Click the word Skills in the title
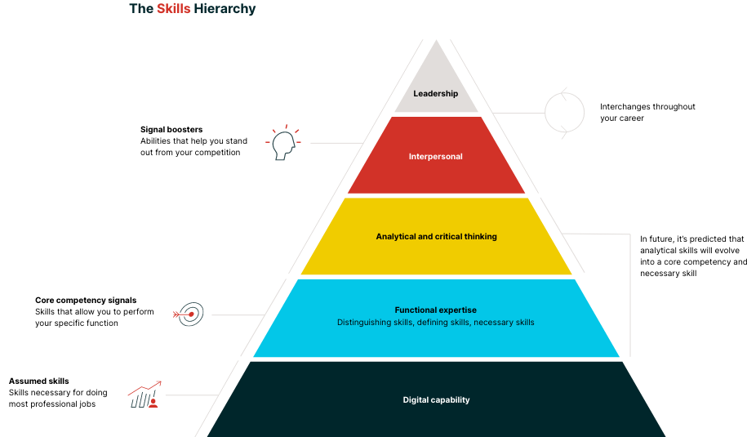pyautogui.click(x=173, y=9)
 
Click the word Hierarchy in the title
pyautogui.click(x=225, y=9)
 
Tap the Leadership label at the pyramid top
pyautogui.click(x=435, y=94)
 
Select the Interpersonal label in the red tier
pyautogui.click(x=435, y=157)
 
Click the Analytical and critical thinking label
pyautogui.click(x=436, y=237)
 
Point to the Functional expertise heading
pyautogui.click(x=435, y=310)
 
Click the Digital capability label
pyautogui.click(x=436, y=400)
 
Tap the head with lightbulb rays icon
pyautogui.click(x=283, y=144)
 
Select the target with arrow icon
pyautogui.click(x=189, y=314)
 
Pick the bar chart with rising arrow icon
pyautogui.click(x=145, y=395)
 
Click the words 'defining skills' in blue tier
pyautogui.click(x=442, y=323)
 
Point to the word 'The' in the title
pyautogui.click(x=140, y=9)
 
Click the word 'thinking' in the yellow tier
pyautogui.click(x=479, y=237)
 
